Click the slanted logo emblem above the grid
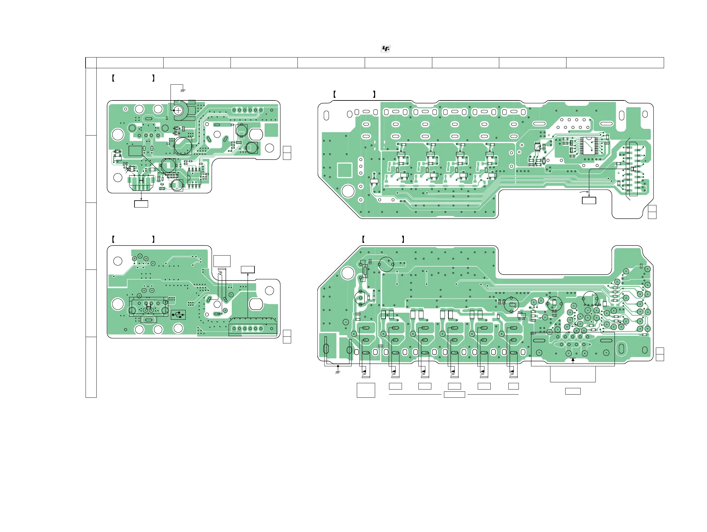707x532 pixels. point(386,49)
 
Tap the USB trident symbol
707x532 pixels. point(178,315)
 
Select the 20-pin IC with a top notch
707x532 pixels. point(588,146)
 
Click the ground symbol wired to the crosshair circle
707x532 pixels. point(183,90)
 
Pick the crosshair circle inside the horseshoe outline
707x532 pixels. point(178,111)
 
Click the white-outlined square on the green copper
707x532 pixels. point(345,170)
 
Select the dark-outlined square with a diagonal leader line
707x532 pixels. point(135,151)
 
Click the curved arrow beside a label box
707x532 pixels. point(584,192)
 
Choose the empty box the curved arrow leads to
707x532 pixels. point(589,201)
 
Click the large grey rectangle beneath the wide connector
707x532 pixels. point(573,374)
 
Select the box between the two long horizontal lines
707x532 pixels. point(454,395)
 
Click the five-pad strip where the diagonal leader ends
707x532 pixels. point(172,176)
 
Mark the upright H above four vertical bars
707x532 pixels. point(141,181)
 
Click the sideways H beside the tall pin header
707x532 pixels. point(633,168)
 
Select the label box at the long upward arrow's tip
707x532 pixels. point(248,269)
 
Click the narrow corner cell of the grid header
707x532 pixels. point(91,63)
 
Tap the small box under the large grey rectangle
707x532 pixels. point(573,391)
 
